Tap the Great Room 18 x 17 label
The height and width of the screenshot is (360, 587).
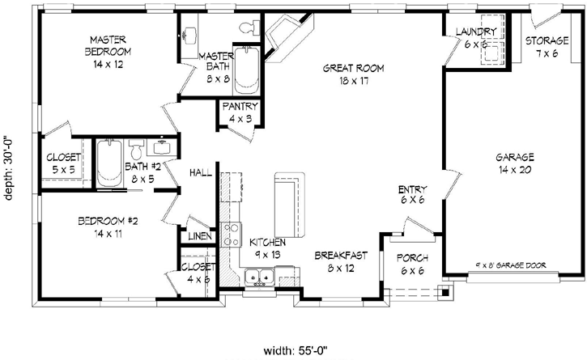(352, 74)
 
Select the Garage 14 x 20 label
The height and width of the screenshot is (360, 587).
(514, 163)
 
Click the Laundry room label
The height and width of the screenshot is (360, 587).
(475, 37)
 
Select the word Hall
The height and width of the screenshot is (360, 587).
(200, 172)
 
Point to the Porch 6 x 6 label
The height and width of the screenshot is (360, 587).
(413, 265)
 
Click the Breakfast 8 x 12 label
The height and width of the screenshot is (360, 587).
(341, 261)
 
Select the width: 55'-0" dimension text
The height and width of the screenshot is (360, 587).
(300, 350)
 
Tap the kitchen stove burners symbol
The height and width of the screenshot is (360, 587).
(231, 235)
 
